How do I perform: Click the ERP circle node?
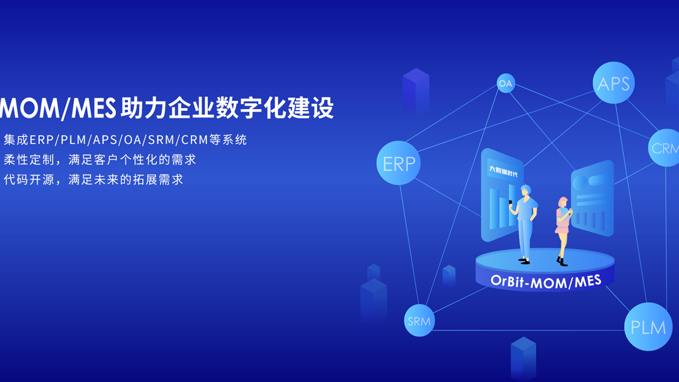(399, 163)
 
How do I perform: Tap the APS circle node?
(614, 83)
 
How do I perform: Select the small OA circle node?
(506, 83)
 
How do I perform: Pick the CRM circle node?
(665, 148)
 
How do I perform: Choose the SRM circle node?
(419, 320)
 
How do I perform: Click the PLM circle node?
(648, 327)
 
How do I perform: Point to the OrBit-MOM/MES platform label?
(546, 282)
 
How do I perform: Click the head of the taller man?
(525, 191)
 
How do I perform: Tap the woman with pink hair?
(563, 231)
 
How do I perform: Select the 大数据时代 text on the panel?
(503, 171)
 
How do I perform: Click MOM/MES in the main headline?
(58, 108)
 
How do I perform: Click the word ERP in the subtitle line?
(42, 140)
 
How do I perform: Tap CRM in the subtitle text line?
(195, 140)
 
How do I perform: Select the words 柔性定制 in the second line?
(29, 159)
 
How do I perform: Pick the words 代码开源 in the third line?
(29, 179)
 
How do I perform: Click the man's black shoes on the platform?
(524, 261)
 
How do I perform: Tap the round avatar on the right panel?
(580, 182)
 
